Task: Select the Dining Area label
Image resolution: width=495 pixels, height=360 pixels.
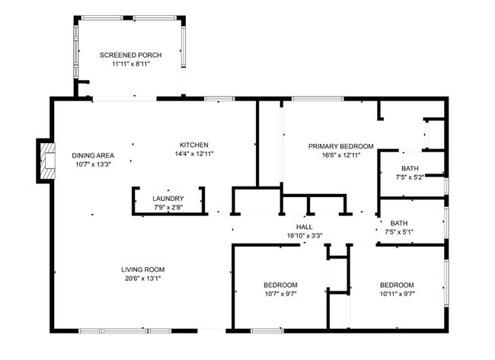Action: click(x=94, y=155)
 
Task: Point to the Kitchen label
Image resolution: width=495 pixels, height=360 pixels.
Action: click(x=193, y=145)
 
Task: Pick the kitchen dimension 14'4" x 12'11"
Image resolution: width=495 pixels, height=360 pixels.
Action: click(x=193, y=155)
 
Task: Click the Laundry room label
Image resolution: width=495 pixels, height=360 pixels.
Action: click(x=168, y=198)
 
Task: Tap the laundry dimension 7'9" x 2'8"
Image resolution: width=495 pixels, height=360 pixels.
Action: click(x=168, y=207)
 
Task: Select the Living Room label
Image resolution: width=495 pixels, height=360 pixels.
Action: click(x=143, y=269)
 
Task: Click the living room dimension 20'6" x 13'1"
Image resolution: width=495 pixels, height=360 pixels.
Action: click(x=143, y=279)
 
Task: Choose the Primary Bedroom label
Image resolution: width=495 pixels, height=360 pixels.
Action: click(x=340, y=145)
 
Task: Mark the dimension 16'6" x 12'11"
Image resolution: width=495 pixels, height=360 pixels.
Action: click(x=340, y=155)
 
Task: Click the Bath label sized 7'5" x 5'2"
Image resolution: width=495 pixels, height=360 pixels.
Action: click(x=410, y=168)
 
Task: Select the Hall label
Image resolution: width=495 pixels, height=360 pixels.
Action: click(x=305, y=226)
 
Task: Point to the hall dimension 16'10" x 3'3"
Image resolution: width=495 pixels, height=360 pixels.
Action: click(x=305, y=235)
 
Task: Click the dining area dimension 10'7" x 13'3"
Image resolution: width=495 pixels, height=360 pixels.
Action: click(x=94, y=164)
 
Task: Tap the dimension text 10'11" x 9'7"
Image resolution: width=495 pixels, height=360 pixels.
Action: click(x=397, y=294)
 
